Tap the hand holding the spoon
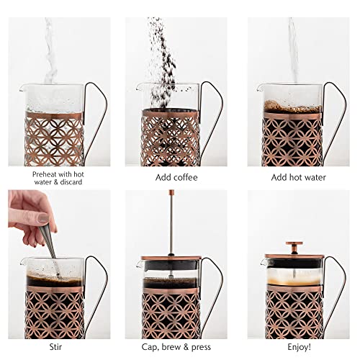click(29, 212)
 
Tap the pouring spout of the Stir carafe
click(22, 261)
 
